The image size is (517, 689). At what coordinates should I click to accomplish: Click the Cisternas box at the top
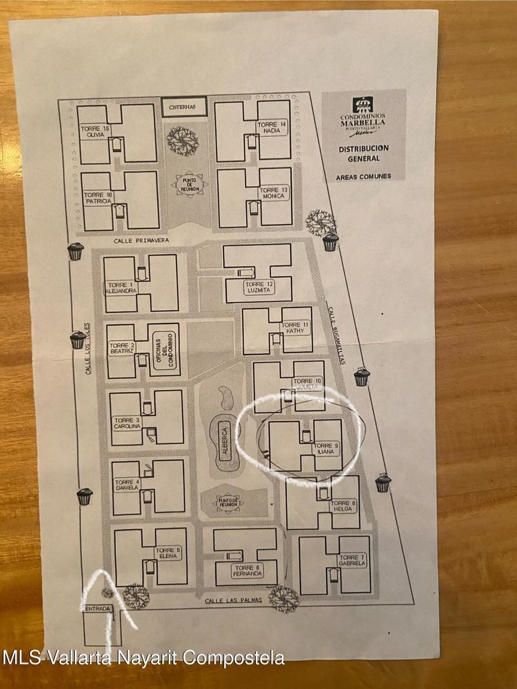(x=184, y=107)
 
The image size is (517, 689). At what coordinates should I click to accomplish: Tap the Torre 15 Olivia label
(x=95, y=132)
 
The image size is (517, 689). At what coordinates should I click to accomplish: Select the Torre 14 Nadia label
(x=271, y=127)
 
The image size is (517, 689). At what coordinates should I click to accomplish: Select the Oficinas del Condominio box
(x=164, y=350)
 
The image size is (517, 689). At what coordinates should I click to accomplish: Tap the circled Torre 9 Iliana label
(x=326, y=449)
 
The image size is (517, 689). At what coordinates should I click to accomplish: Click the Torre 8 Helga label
(x=343, y=506)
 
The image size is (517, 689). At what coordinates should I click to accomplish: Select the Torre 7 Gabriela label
(x=352, y=560)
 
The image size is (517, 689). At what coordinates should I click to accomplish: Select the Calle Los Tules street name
(x=87, y=349)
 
